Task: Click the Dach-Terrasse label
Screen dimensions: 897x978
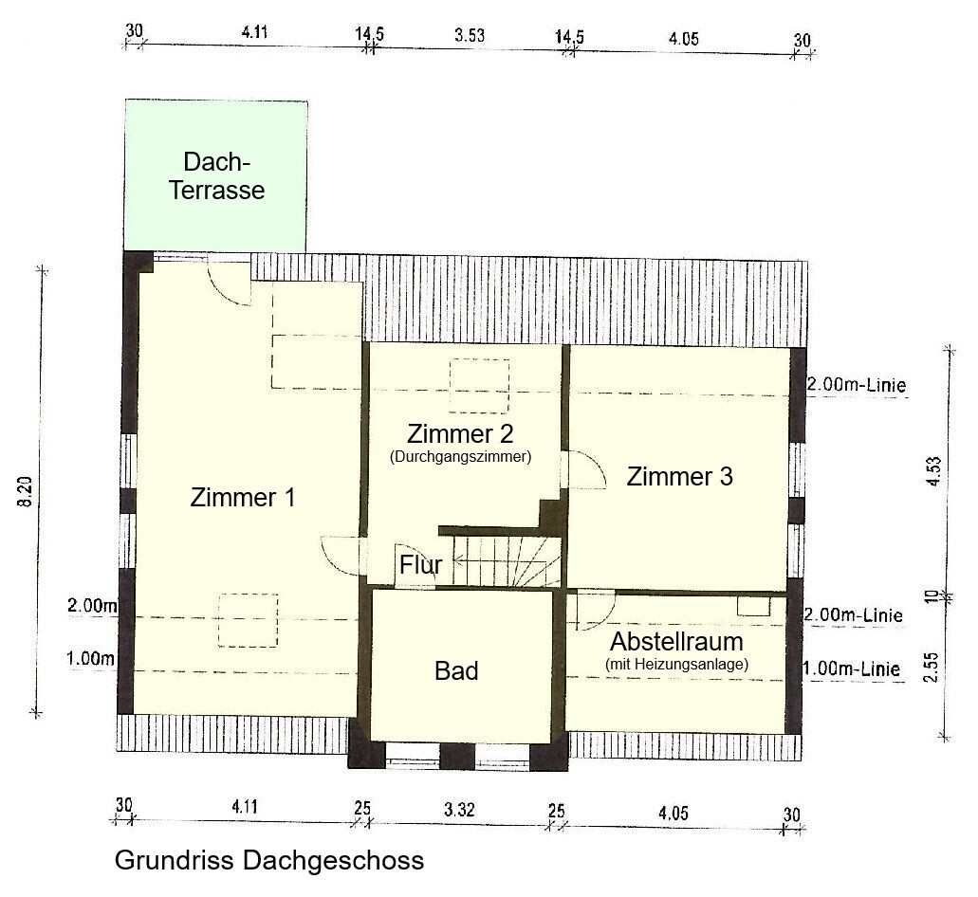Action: pyautogui.click(x=216, y=175)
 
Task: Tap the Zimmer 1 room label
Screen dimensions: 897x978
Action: pyautogui.click(x=243, y=497)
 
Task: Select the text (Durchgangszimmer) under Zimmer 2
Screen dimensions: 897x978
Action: pyautogui.click(x=460, y=456)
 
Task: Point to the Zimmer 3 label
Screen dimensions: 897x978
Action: pyautogui.click(x=679, y=476)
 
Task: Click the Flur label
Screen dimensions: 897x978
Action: pyautogui.click(x=420, y=565)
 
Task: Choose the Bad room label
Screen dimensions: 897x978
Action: pyautogui.click(x=456, y=671)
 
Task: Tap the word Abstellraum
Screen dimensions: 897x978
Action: pyautogui.click(x=676, y=641)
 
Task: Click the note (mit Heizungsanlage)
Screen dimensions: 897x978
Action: pyautogui.click(x=676, y=666)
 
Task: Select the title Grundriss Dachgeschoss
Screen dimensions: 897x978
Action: pyautogui.click(x=269, y=861)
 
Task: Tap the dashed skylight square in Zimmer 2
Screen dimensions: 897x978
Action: pyautogui.click(x=479, y=386)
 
